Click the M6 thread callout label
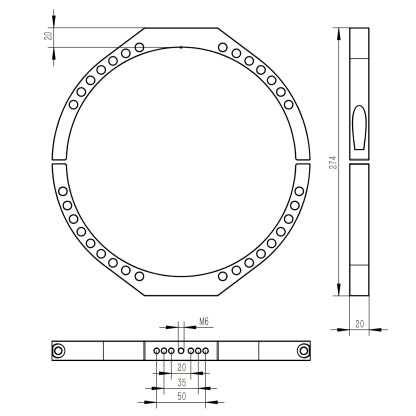click(x=203, y=322)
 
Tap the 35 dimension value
click(x=180, y=383)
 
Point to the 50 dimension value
click(x=180, y=397)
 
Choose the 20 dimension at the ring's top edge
click(x=48, y=36)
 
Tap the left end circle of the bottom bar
click(x=60, y=350)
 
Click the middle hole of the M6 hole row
click(x=180, y=350)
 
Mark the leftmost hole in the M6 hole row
click(x=156, y=350)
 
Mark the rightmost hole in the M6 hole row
click(x=205, y=350)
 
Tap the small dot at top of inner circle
click(x=180, y=46)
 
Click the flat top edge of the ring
click(x=180, y=28)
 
